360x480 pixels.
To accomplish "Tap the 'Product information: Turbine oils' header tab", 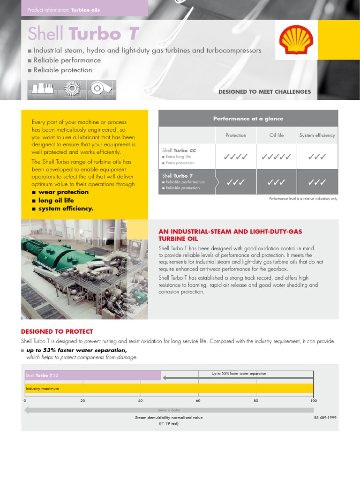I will pos(64,10).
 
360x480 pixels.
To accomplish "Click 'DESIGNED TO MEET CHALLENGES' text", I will pos(264,92).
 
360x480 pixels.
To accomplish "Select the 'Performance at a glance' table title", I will pos(248,119).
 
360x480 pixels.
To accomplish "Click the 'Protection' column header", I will pos(235,135).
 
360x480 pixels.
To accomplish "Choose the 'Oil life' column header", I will pos(277,135).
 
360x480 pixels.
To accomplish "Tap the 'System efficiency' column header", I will pos(317,135).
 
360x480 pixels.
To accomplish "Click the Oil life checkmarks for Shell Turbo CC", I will pos(277,157).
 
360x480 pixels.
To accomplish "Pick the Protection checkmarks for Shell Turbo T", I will pos(235,182).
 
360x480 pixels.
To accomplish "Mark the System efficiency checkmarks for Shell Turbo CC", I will pos(317,157).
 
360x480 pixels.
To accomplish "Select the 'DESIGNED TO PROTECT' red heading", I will pos(57,331).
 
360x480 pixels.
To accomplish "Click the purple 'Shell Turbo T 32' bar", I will pos(92,375).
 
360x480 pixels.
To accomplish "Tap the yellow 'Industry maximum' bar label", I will pos(42,389).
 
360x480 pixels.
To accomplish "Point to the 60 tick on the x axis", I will pos(198,401).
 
